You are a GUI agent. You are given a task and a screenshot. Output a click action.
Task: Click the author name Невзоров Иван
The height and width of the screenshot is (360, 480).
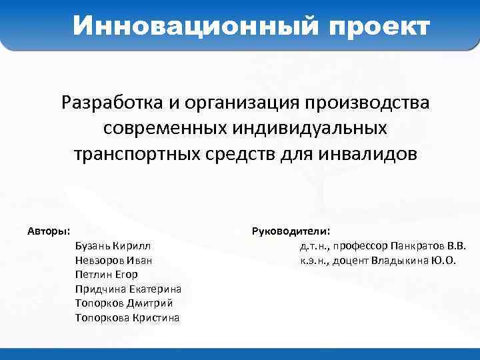click(114, 260)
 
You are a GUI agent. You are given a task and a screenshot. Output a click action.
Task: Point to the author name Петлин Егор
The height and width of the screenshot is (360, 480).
click(107, 274)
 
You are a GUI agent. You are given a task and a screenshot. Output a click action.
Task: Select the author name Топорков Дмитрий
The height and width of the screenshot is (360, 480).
click(125, 303)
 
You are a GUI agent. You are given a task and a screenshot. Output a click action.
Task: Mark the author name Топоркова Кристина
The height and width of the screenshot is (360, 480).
click(128, 317)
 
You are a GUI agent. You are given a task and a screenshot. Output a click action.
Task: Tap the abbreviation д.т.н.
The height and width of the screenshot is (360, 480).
click(315, 246)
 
